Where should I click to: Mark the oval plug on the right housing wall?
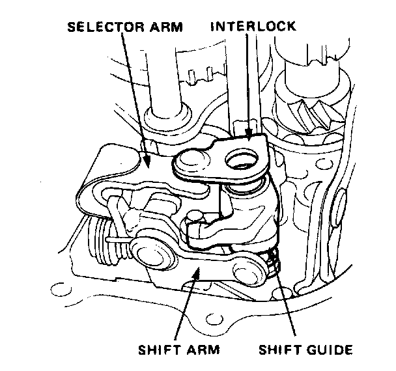pos(339,205)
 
